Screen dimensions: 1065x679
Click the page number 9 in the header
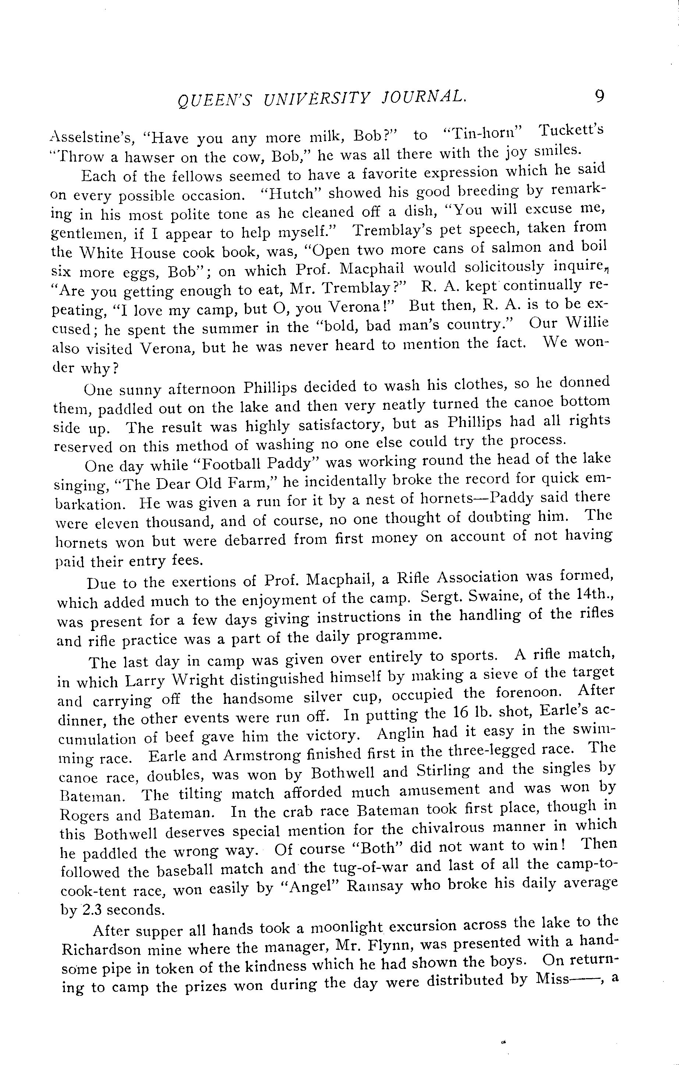pos(599,96)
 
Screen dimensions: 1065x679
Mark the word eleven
pos(115,523)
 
